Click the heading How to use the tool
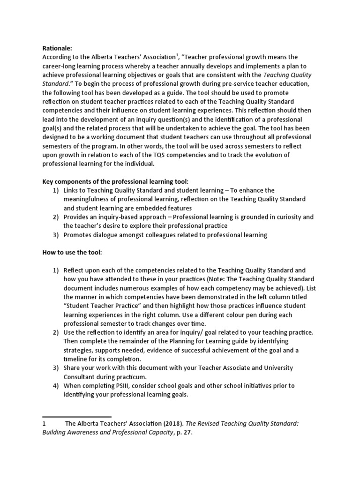click(72, 253)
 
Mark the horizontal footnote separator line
click(77, 416)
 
